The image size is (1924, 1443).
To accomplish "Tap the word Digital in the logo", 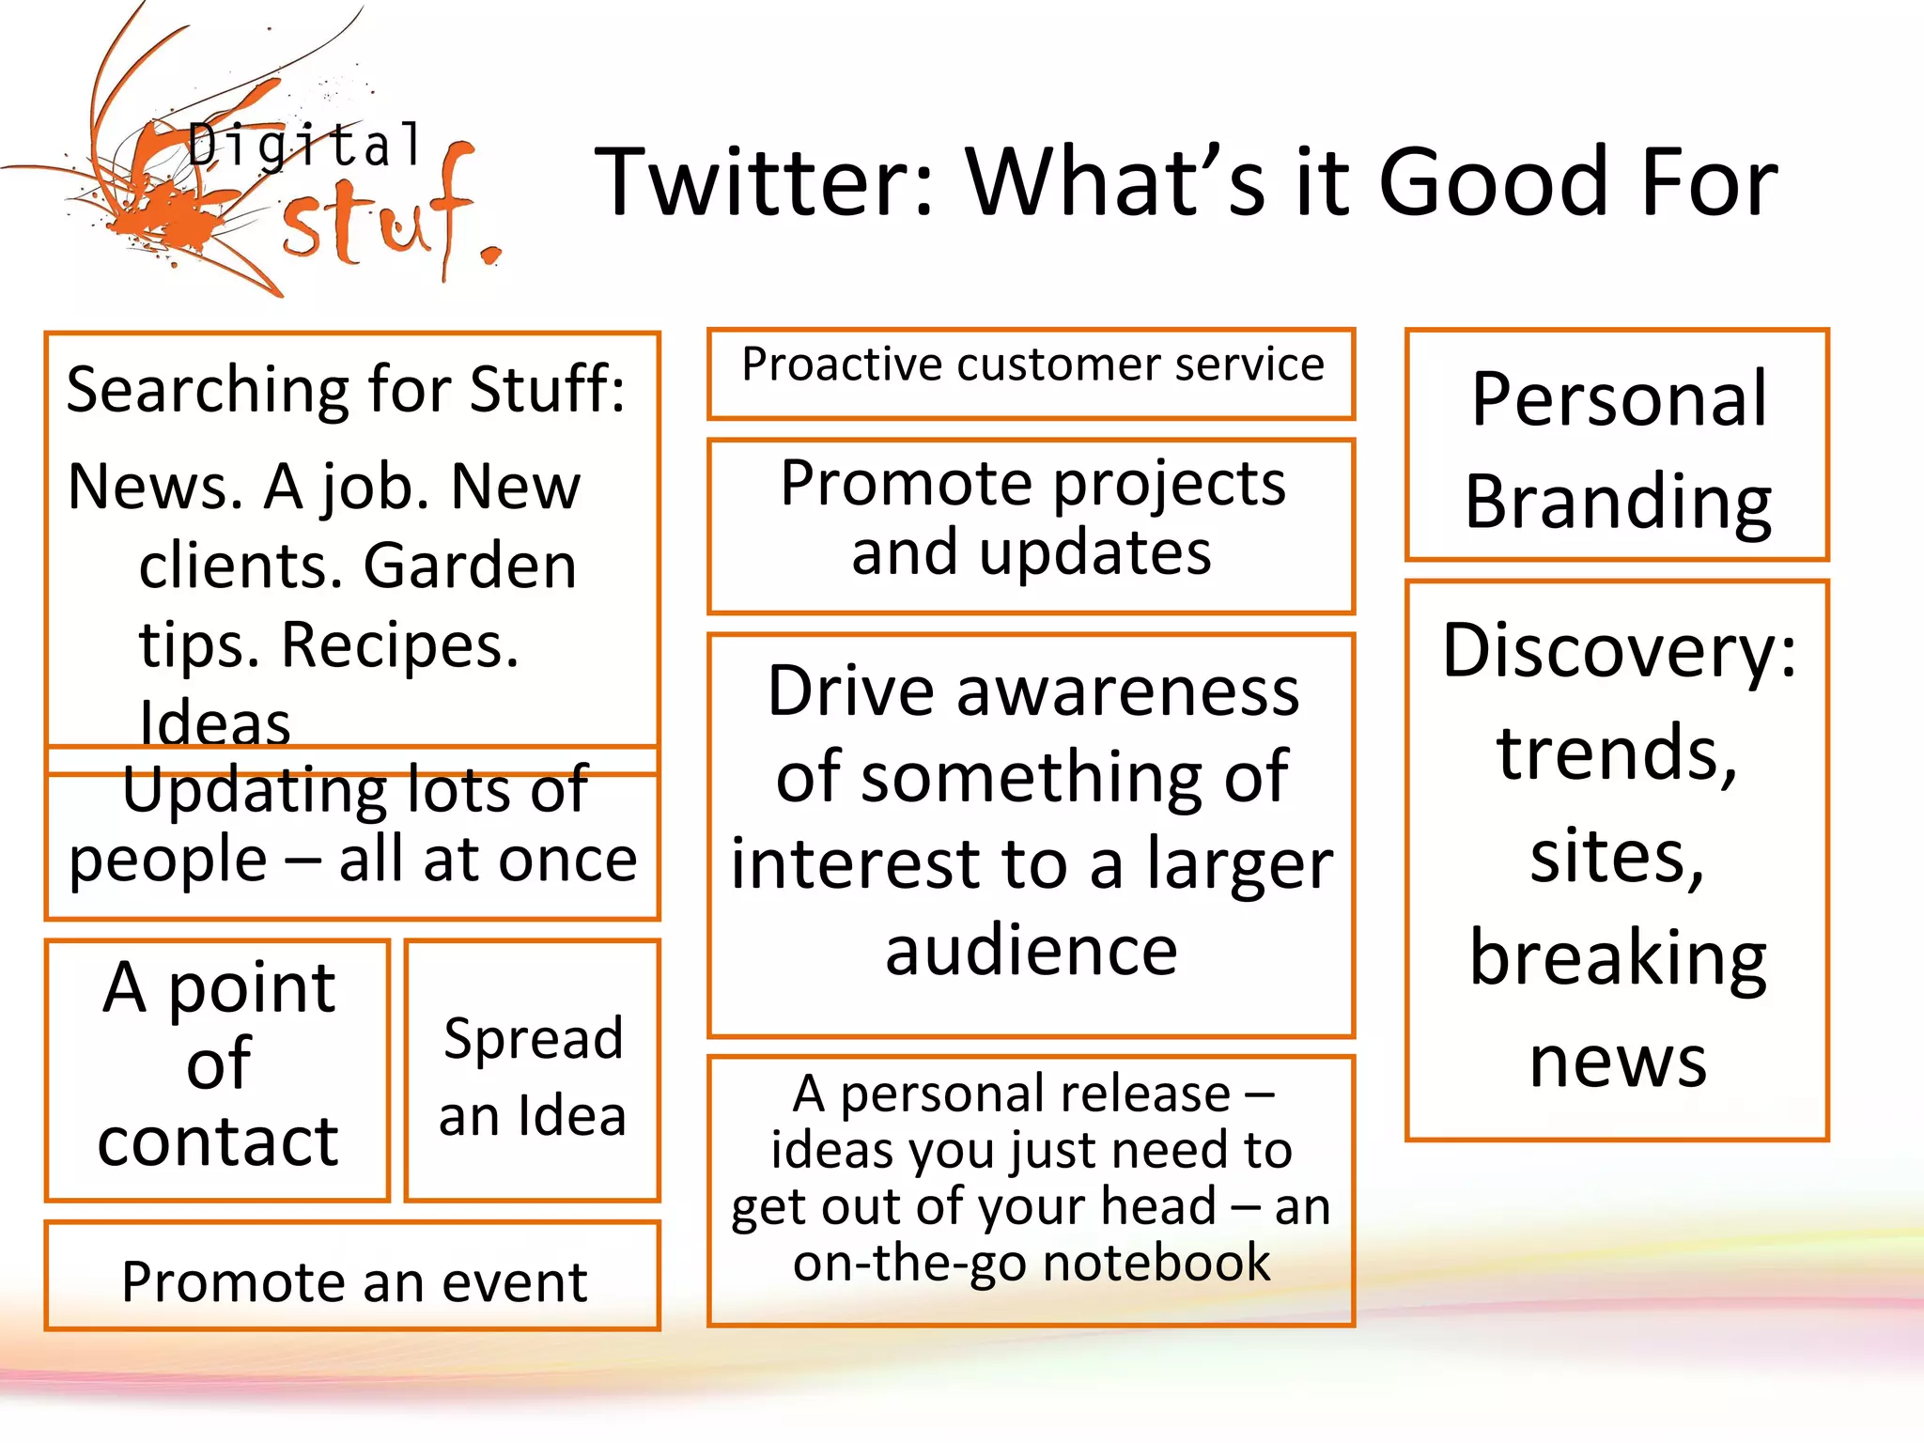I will [305, 146].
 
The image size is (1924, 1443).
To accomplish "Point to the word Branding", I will [1618, 502].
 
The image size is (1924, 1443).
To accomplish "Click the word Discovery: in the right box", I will [1619, 650].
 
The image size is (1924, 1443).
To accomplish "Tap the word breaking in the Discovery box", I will [1618, 958].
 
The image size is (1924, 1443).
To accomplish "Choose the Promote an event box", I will [353, 1281].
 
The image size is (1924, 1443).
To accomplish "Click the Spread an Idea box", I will [533, 1076].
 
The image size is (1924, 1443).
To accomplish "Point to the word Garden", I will [470, 566].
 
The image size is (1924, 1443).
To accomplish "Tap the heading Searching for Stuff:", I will [346, 389].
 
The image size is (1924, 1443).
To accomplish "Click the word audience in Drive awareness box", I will [1032, 951].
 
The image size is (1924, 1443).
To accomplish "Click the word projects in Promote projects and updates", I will [1169, 485].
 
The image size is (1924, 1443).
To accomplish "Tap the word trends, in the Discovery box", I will [1616, 753].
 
